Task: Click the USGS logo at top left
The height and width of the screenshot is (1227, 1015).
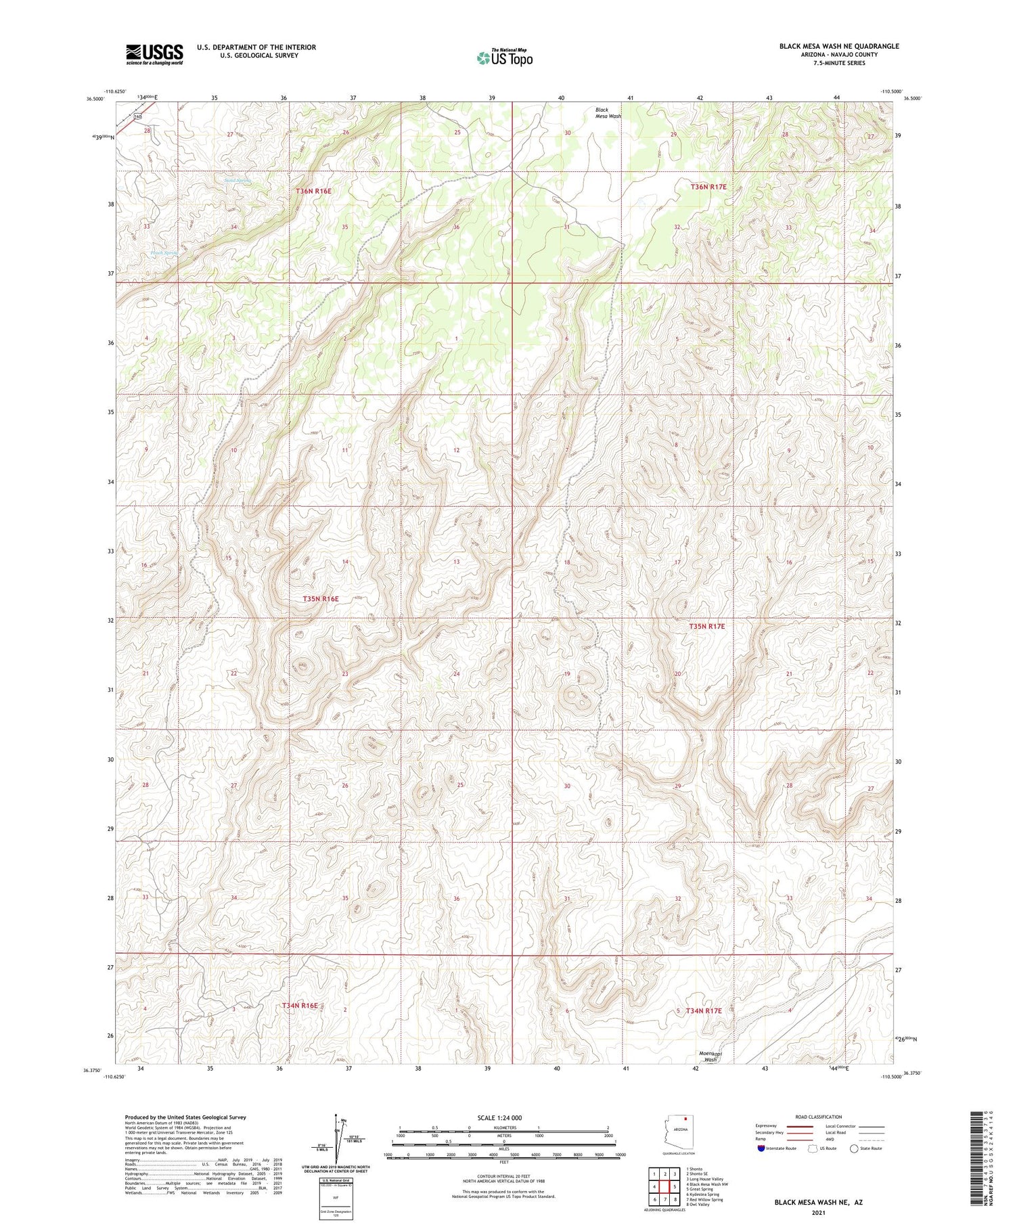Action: click(x=154, y=54)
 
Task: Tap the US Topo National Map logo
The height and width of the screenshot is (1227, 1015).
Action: click(x=504, y=58)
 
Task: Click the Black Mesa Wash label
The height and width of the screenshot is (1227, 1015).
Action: click(x=608, y=113)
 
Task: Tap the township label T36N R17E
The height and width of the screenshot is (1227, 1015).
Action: click(x=708, y=186)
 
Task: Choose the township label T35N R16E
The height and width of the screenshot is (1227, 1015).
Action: click(x=320, y=599)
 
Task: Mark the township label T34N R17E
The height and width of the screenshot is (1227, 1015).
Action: click(x=704, y=1010)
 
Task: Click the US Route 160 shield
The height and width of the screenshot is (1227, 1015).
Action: click(x=137, y=116)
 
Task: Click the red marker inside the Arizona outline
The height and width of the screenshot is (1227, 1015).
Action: click(x=685, y=1119)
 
